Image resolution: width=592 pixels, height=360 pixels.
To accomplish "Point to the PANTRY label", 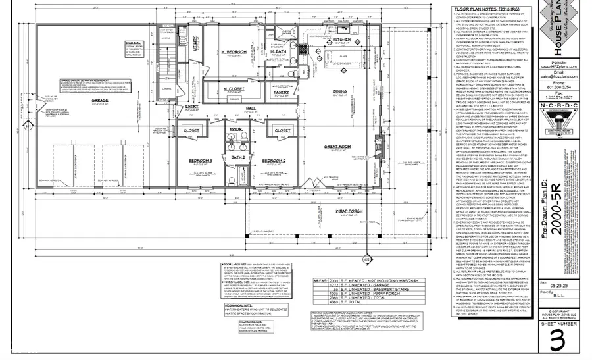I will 282,93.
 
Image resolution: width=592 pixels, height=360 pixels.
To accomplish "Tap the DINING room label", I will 339,91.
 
